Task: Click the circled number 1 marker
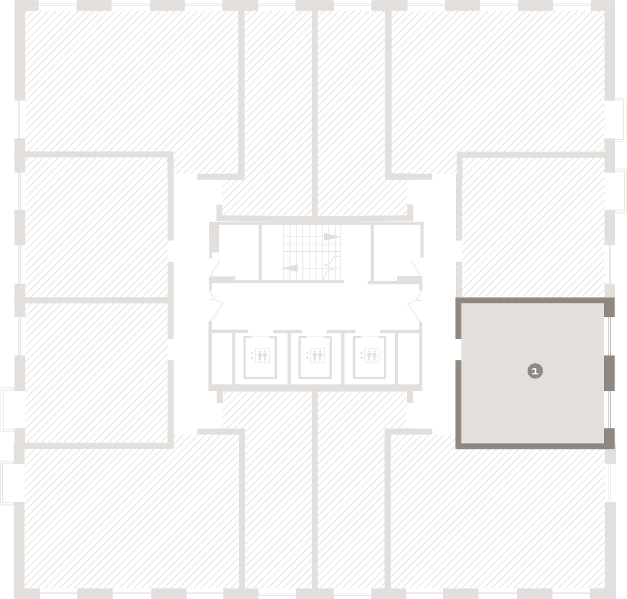pos(535,371)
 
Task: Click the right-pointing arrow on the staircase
pos(331,237)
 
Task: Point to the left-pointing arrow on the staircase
pos(290,268)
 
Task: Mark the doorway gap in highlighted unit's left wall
pos(458,349)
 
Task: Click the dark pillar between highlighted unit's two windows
pos(609,373)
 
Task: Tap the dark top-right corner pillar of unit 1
pos(609,307)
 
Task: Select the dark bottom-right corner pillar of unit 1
pos(609,438)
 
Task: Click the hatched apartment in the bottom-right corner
pos(498,516)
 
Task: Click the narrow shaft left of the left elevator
pos(222,358)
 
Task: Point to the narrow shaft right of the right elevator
pos(408,358)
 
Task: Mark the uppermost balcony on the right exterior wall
pos(620,119)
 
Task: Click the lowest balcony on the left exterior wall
pos(7,483)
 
